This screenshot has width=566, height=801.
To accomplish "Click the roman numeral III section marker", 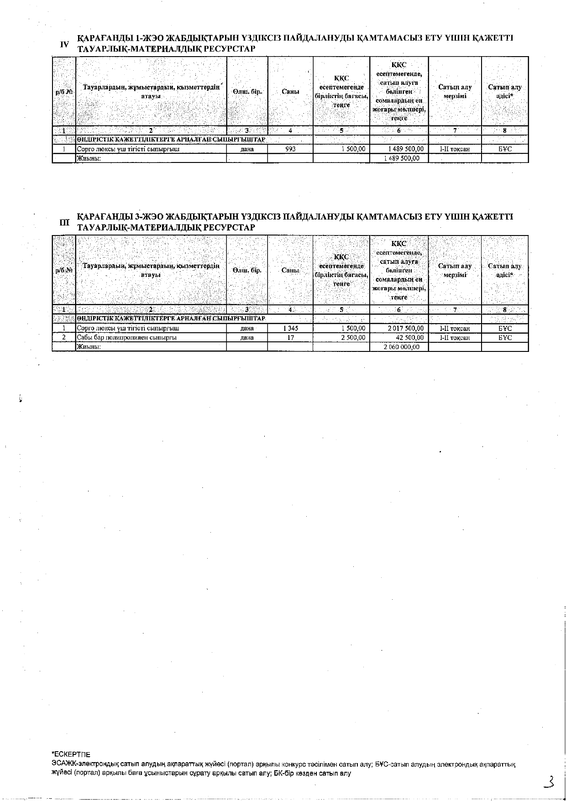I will click(64, 223).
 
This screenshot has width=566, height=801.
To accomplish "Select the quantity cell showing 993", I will click(290, 149).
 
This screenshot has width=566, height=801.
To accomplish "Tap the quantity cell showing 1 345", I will click(290, 328).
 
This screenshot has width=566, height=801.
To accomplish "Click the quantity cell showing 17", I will click(290, 338).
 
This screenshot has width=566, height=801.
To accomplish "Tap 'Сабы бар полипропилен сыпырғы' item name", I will click(126, 338).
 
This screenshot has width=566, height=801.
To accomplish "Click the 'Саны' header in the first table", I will click(290, 92).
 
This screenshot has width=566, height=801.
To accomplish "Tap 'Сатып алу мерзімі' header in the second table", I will click(455, 270).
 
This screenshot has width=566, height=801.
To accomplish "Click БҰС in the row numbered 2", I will click(505, 338).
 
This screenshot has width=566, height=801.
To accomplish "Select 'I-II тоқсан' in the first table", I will click(455, 149).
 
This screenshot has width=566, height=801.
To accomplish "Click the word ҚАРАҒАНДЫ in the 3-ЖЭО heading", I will click(101, 216).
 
